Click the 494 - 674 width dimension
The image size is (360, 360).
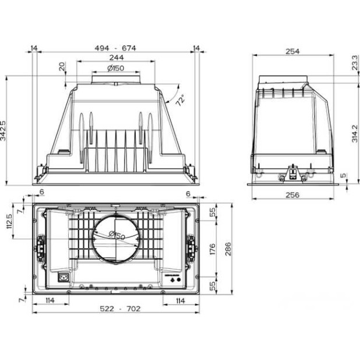117,48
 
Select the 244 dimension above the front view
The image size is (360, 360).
117,58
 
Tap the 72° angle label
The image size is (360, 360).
180,100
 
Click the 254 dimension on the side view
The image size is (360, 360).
292,52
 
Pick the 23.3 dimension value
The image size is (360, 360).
355,63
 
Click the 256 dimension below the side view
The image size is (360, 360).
293,195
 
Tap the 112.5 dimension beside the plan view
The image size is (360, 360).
9,221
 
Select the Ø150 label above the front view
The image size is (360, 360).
116,69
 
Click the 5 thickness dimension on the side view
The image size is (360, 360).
343,175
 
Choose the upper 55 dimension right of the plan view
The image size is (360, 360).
212,213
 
